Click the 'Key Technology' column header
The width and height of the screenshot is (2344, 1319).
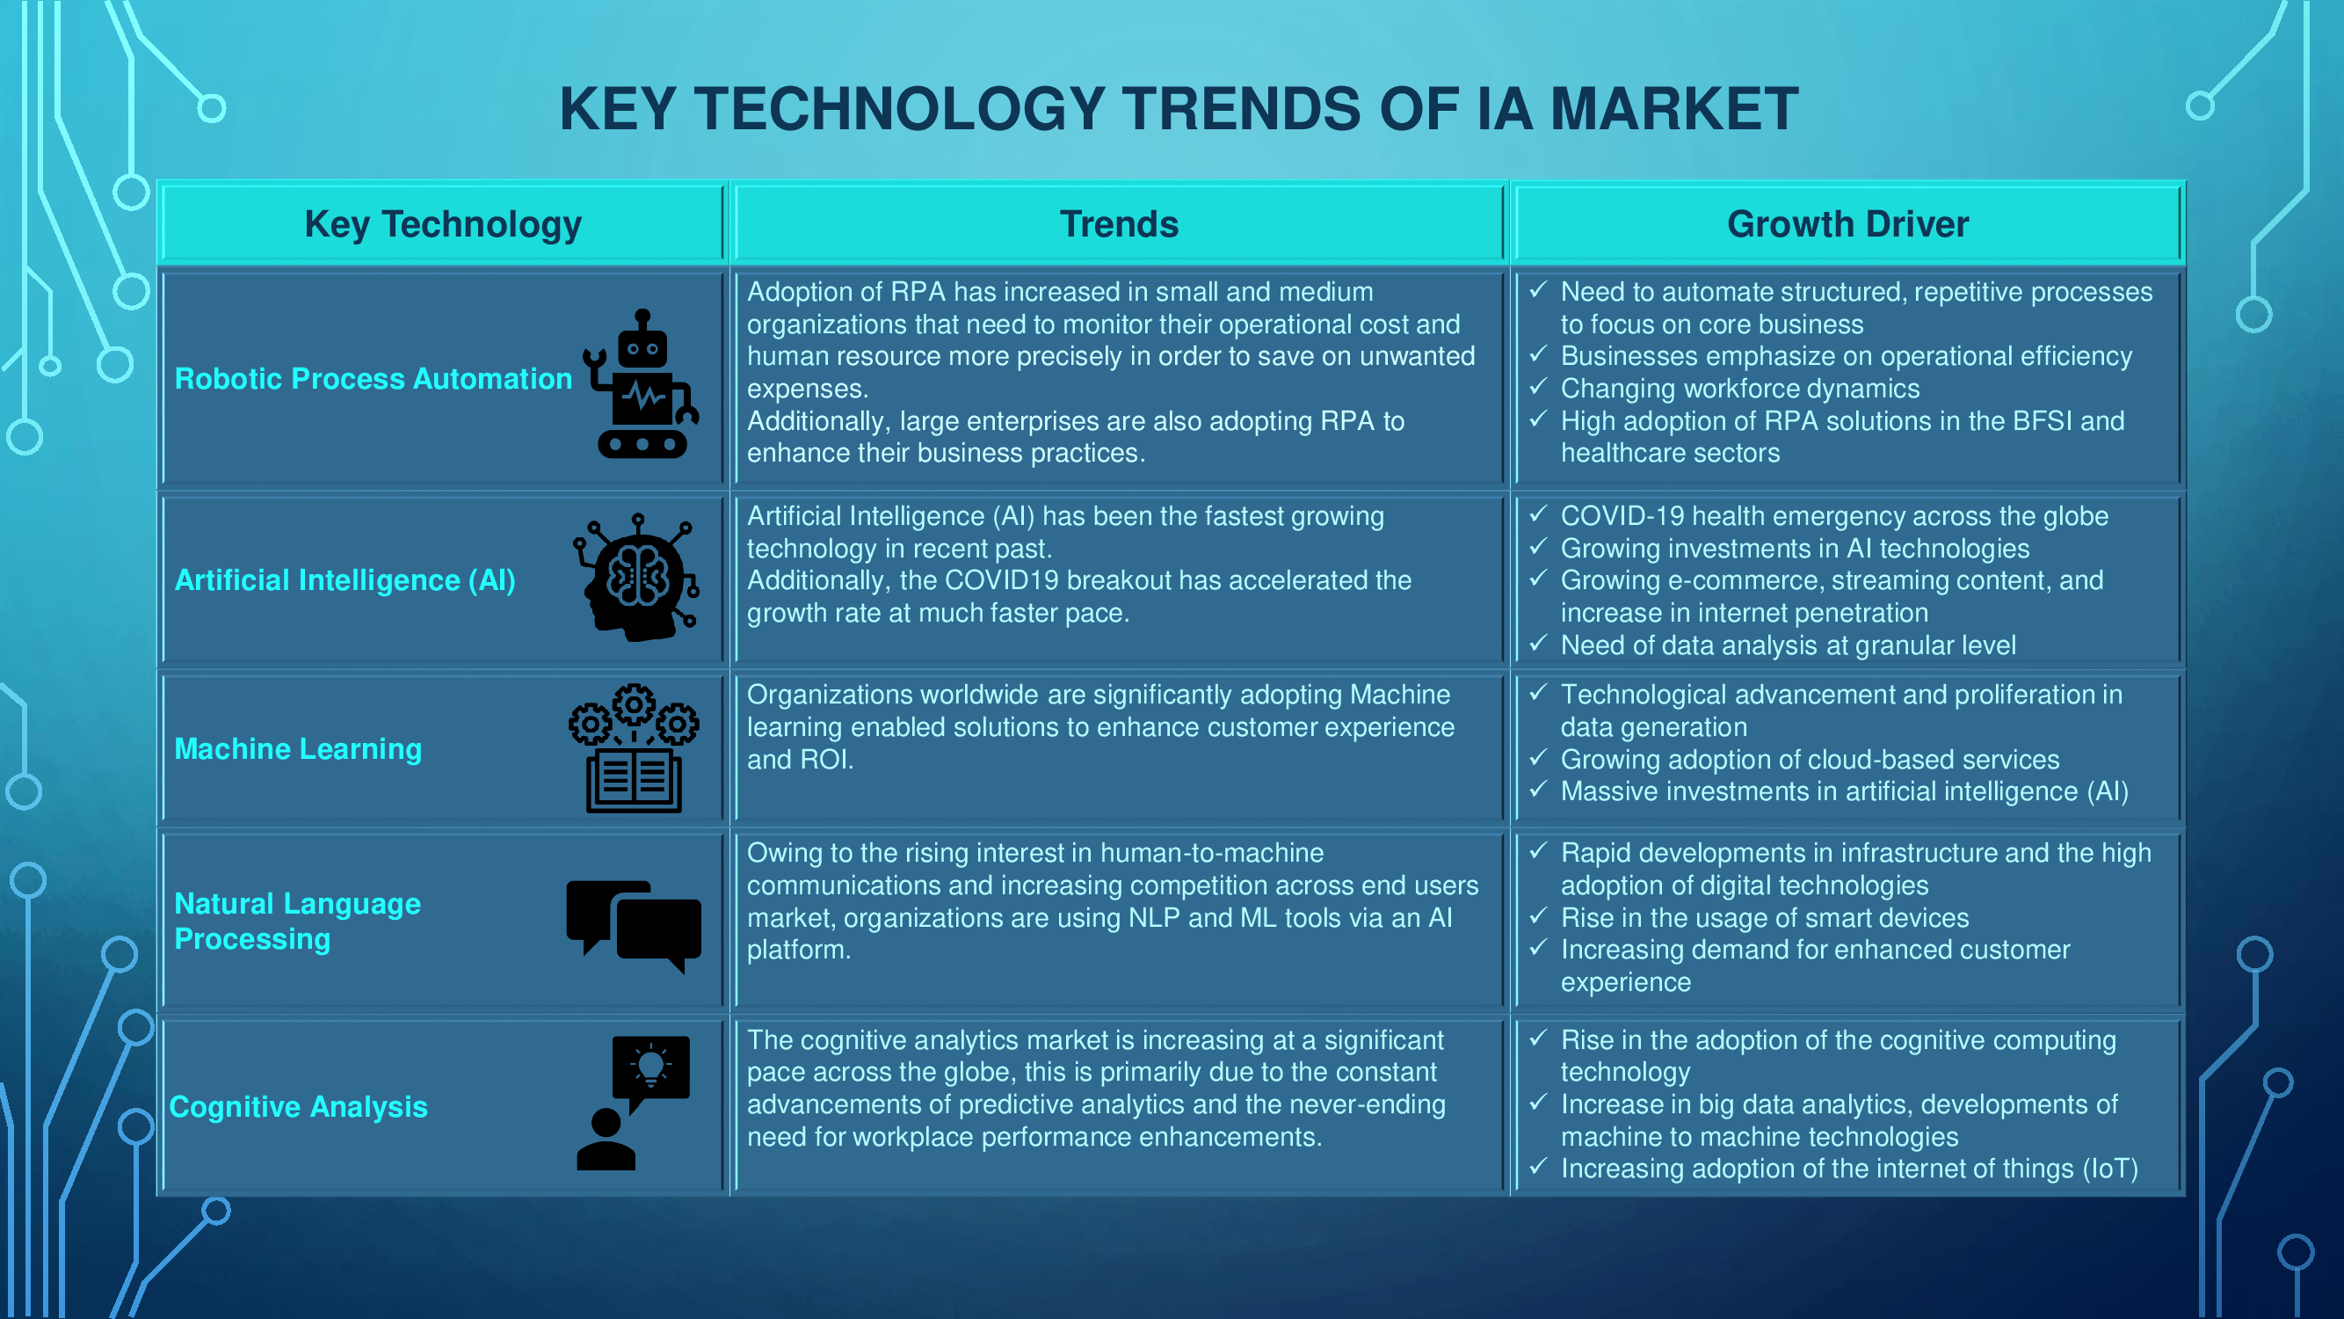443,224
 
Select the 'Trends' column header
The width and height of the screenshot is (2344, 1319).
1119,224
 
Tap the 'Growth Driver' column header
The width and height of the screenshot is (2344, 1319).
1848,224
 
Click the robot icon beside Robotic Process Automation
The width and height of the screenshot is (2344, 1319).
642,383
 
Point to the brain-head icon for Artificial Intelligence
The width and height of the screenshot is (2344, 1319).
637,577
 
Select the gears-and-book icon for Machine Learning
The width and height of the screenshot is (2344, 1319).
635,748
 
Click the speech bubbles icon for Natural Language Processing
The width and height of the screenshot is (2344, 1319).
635,927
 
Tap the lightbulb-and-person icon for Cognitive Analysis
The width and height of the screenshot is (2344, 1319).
634,1104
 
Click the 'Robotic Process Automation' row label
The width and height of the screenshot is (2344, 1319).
373,379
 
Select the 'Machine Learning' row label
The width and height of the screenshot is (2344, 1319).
299,748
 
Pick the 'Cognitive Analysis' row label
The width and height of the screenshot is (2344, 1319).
299,1106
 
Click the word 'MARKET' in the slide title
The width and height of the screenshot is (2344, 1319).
1674,109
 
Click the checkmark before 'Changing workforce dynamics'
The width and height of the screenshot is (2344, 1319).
1538,387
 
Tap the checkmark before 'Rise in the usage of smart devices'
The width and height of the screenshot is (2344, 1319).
1538,915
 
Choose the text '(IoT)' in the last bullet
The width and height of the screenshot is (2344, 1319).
2111,1169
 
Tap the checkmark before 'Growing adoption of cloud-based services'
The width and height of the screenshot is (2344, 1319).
1538,757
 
